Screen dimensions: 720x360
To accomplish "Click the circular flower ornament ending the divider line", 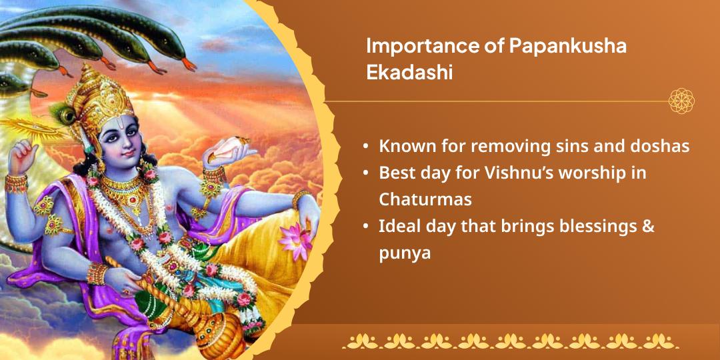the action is [x=681, y=101].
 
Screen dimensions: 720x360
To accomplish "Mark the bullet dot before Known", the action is [x=365, y=147].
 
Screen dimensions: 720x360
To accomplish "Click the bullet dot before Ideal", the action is [x=365, y=227].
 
